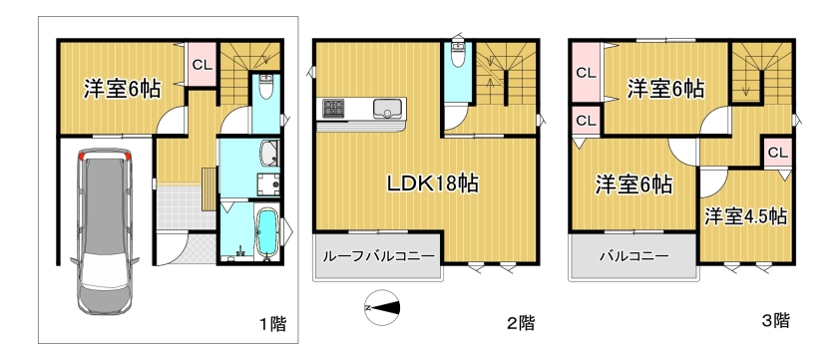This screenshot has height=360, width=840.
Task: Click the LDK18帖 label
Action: [x=433, y=184]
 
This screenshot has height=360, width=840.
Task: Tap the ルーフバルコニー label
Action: [x=378, y=256]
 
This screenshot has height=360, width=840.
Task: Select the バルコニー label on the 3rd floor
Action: [x=633, y=256]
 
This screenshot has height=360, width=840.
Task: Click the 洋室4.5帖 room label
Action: [x=745, y=216]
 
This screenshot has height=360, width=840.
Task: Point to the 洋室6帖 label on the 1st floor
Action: [x=122, y=90]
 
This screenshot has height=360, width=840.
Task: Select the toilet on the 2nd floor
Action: [x=458, y=52]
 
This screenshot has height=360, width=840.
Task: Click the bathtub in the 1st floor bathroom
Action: [x=266, y=233]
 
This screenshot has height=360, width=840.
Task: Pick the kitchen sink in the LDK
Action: [x=384, y=109]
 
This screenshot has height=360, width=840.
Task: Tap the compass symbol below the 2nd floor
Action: [x=382, y=307]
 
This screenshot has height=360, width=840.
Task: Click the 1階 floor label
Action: [x=272, y=323]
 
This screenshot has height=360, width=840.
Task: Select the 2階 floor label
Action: [x=521, y=322]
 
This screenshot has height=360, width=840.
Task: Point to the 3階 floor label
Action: [x=775, y=320]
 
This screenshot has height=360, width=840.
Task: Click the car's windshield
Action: [x=105, y=269]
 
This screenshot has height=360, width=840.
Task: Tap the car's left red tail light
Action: [x=82, y=157]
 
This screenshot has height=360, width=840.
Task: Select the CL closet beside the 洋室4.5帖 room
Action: [x=777, y=153]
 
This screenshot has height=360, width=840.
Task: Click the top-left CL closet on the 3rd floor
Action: [x=587, y=73]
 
